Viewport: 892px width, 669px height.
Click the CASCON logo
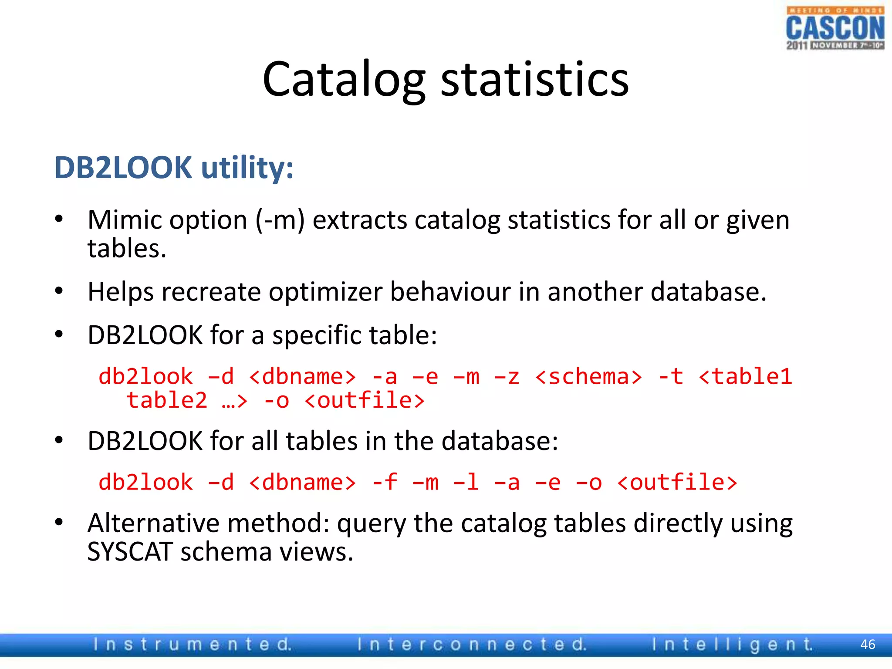click(835, 28)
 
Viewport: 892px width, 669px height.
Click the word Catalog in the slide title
click(344, 80)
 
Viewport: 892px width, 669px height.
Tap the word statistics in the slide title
click(535, 80)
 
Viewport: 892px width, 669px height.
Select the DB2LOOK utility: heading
click(174, 168)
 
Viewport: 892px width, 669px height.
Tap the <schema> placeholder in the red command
click(588, 377)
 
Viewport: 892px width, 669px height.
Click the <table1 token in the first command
click(745, 377)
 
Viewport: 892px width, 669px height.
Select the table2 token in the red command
click(167, 401)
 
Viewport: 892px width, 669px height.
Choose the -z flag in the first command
click(507, 377)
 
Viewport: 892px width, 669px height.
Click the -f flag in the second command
click(385, 483)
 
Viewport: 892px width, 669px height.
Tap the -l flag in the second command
click(466, 483)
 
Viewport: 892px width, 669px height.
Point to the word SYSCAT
click(130, 552)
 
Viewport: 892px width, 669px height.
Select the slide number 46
click(868, 645)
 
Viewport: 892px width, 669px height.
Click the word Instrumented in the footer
click(192, 645)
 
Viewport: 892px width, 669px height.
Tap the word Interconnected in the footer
click(472, 645)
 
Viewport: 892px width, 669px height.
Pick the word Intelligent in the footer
click(732, 645)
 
